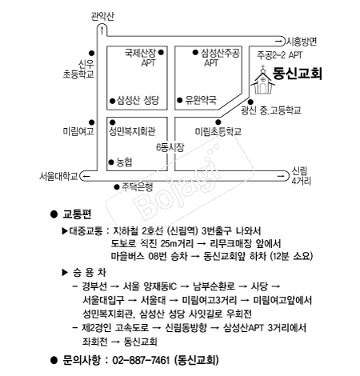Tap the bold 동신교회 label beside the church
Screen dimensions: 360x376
click(297, 74)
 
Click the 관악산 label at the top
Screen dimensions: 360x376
click(102, 16)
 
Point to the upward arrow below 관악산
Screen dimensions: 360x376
click(102, 30)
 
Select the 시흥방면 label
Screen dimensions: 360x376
click(302, 42)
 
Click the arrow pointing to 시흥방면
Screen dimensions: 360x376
click(278, 42)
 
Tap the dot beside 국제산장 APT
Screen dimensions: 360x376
click(161, 52)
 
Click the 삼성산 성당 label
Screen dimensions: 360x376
click(138, 101)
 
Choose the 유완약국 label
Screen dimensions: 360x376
click(201, 100)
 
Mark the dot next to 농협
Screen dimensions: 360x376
click(111, 162)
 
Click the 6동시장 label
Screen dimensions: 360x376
click(170, 147)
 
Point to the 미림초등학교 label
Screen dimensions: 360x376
click(218, 131)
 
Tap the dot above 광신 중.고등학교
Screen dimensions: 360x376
click(250, 102)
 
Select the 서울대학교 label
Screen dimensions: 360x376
click(58, 176)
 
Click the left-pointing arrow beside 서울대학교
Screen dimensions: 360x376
click(86, 176)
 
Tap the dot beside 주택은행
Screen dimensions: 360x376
click(117, 187)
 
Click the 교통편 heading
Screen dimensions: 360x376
click(77, 214)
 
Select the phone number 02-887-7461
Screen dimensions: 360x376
click(141, 360)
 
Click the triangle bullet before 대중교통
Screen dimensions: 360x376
click(65, 231)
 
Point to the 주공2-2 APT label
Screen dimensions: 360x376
click(279, 55)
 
